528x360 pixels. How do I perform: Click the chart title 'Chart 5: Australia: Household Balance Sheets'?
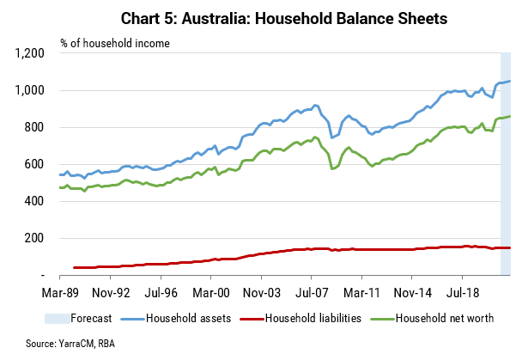pyautogui.click(x=284, y=18)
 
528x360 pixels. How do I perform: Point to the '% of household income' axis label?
pyautogui.click(x=115, y=44)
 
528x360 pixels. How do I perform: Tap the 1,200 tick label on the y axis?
pyautogui.click(x=30, y=53)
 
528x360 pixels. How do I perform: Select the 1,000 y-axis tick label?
pyautogui.click(x=30, y=90)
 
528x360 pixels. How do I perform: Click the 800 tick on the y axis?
pyautogui.click(x=34, y=127)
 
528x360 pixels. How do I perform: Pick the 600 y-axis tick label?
pyautogui.click(x=34, y=164)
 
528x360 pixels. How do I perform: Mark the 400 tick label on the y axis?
pyautogui.click(x=34, y=201)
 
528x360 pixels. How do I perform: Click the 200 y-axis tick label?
pyautogui.click(x=34, y=238)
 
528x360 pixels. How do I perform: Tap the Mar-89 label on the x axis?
pyautogui.click(x=60, y=293)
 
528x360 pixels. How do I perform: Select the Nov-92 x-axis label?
pyautogui.click(x=111, y=293)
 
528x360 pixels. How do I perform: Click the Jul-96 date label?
pyautogui.click(x=161, y=293)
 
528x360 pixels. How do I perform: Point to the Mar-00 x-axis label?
pyautogui.click(x=211, y=293)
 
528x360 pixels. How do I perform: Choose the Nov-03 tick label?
pyautogui.click(x=262, y=293)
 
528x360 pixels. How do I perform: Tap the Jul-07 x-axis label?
pyautogui.click(x=312, y=293)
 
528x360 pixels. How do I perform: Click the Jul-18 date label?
pyautogui.click(x=463, y=293)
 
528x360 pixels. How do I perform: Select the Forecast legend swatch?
pyautogui.click(x=58, y=319)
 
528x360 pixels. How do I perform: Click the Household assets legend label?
pyautogui.click(x=189, y=318)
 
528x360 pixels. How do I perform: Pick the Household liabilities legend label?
pyautogui.click(x=313, y=318)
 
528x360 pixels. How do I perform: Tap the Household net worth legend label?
pyautogui.click(x=445, y=318)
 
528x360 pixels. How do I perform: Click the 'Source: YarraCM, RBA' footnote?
pyautogui.click(x=70, y=344)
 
